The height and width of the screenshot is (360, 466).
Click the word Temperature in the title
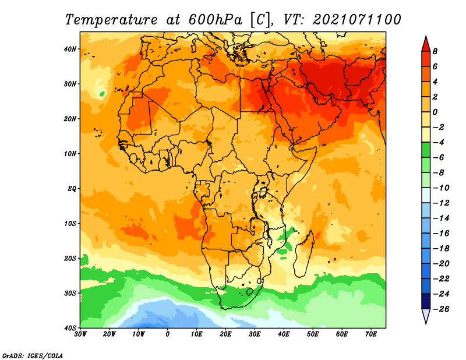point(111,20)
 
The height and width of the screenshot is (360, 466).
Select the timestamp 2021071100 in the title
point(357,20)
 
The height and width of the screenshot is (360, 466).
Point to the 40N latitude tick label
point(70,49)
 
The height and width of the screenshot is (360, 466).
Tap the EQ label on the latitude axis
point(72,189)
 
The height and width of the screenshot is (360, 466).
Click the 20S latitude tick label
point(70,258)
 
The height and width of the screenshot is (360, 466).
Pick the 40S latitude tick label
point(70,328)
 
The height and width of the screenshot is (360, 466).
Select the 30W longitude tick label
point(80,334)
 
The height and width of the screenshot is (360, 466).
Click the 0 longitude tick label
point(168,334)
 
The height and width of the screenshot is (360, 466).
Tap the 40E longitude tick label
point(284,334)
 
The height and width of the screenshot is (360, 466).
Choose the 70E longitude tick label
point(371,334)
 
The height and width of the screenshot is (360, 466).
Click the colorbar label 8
point(435,51)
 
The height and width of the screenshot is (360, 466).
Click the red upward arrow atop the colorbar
point(426,44)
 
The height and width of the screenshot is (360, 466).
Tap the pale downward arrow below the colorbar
point(426,316)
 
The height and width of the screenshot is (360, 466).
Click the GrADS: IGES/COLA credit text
point(33,355)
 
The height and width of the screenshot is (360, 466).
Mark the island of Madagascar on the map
point(304,253)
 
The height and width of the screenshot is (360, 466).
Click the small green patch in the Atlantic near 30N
point(102,94)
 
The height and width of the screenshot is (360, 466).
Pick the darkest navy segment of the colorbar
point(426,301)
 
